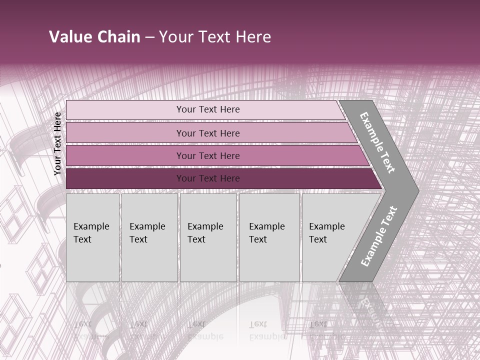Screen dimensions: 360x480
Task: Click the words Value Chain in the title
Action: (94, 37)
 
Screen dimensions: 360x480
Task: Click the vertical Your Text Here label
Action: (57, 143)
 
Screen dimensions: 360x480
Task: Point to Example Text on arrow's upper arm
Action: (377, 142)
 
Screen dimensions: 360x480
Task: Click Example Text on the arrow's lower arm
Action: (378, 236)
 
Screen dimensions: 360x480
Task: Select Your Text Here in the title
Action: (215, 37)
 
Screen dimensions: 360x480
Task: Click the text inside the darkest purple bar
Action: (208, 178)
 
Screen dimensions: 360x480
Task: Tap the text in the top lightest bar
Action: (208, 109)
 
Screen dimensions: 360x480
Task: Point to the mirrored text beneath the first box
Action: (90, 330)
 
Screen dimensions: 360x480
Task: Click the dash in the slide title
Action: (149, 37)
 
